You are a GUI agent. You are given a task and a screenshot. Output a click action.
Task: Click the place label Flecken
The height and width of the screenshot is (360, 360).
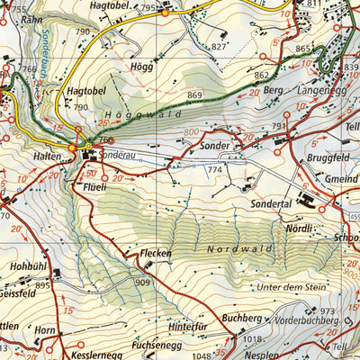click(156, 254)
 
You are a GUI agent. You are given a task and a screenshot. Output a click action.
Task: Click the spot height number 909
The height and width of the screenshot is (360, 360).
click(142, 283)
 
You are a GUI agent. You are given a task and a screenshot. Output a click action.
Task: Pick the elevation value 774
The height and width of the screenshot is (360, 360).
click(214, 169)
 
